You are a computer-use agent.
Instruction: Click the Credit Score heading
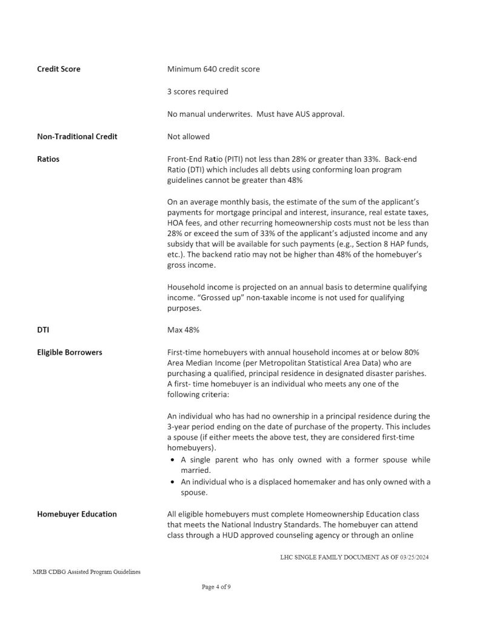59,69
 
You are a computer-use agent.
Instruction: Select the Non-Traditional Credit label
77,137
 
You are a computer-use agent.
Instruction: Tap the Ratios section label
48,160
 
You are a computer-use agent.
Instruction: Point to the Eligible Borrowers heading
70,352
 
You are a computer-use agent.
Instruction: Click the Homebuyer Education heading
77,514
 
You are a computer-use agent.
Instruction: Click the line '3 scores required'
198,92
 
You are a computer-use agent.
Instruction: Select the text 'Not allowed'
188,137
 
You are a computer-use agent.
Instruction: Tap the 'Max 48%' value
183,330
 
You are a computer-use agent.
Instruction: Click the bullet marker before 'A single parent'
174,460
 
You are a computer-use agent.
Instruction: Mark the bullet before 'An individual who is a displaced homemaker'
174,482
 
